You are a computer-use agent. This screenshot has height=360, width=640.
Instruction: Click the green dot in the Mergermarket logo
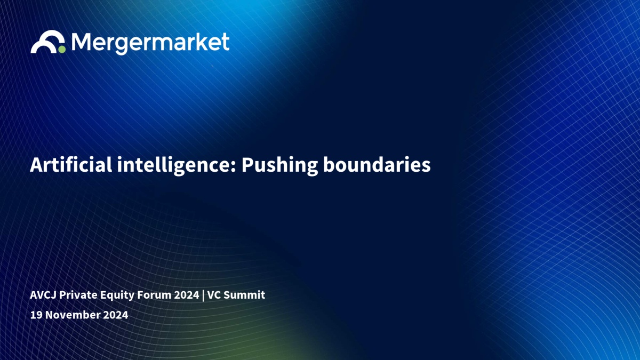(x=62, y=49)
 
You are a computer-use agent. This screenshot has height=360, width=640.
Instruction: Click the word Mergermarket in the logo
(x=150, y=43)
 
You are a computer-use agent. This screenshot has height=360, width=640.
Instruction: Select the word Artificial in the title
(x=71, y=165)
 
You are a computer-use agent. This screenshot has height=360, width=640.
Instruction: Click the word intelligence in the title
(x=174, y=166)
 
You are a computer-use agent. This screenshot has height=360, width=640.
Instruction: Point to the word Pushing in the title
(x=279, y=166)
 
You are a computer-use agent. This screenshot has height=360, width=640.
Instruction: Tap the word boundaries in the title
(x=377, y=165)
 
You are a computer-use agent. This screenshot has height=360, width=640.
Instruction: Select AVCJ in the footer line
(x=43, y=295)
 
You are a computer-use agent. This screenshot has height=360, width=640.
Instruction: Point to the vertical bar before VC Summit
(x=203, y=295)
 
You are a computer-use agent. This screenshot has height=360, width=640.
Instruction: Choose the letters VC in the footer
(x=214, y=295)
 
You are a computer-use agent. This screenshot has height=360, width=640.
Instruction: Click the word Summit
(x=244, y=295)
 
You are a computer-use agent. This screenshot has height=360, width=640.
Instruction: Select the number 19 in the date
(x=36, y=315)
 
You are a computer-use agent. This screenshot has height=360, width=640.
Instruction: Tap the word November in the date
(x=73, y=315)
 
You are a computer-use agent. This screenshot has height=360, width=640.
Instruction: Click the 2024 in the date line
(x=115, y=315)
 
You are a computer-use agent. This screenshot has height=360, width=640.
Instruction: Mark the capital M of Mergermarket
(x=81, y=42)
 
